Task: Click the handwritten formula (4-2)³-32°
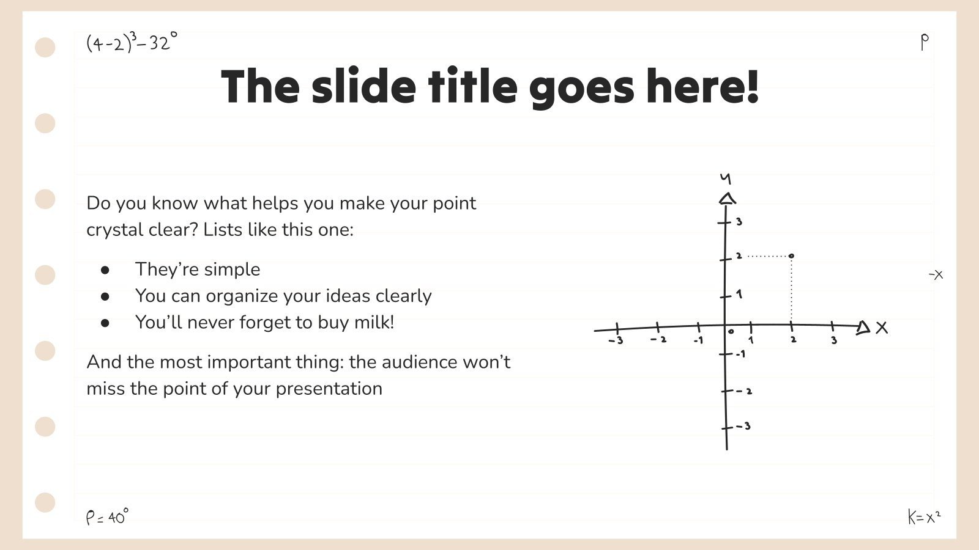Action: pyautogui.click(x=132, y=42)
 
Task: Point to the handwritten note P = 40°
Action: pyautogui.click(x=107, y=517)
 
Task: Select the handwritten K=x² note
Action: pyautogui.click(x=924, y=517)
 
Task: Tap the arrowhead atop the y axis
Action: pyautogui.click(x=727, y=199)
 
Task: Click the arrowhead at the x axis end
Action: pyautogui.click(x=863, y=328)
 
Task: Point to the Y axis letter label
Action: pyautogui.click(x=726, y=178)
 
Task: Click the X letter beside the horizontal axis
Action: pyautogui.click(x=882, y=328)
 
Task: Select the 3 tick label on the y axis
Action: pyautogui.click(x=739, y=222)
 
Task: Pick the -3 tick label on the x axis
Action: pyautogui.click(x=616, y=340)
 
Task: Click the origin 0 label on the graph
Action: pyautogui.click(x=731, y=332)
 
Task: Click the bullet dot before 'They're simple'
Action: pyautogui.click(x=105, y=269)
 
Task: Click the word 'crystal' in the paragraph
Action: pyautogui.click(x=111, y=230)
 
